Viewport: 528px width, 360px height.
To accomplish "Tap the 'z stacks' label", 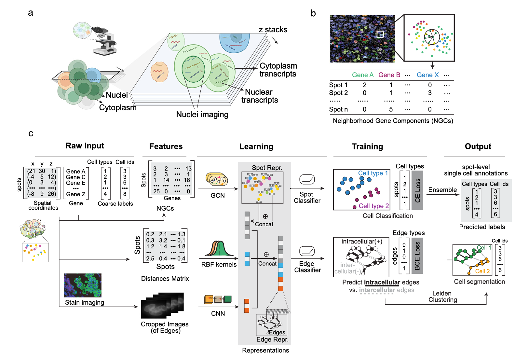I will click(273, 30).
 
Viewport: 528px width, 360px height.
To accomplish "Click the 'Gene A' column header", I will click(363, 75).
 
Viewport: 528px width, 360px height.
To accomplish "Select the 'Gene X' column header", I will click(427, 75).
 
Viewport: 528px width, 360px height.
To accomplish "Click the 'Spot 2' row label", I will click(338, 93).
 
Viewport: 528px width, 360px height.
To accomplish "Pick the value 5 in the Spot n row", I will click(391, 109).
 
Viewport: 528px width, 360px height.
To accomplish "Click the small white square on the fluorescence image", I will click(380, 34).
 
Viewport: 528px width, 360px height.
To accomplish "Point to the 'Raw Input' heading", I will click(85, 146).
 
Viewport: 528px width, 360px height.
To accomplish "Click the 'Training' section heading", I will click(367, 146).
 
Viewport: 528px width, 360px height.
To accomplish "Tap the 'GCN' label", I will click(218, 195).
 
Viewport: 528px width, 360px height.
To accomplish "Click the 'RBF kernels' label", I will click(219, 264).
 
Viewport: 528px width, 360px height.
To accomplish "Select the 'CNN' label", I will click(218, 313).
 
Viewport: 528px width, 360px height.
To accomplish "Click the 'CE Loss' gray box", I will click(417, 190).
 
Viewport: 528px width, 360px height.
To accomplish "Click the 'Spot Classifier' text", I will click(307, 198).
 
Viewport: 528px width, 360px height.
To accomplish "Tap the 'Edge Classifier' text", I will click(307, 267).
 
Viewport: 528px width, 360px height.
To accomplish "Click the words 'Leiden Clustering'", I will click(442, 297).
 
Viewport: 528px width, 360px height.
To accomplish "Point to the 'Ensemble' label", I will click(442, 190).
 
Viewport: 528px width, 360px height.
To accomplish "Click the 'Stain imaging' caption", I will click(85, 302).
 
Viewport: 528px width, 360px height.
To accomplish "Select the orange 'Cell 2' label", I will click(482, 271).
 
